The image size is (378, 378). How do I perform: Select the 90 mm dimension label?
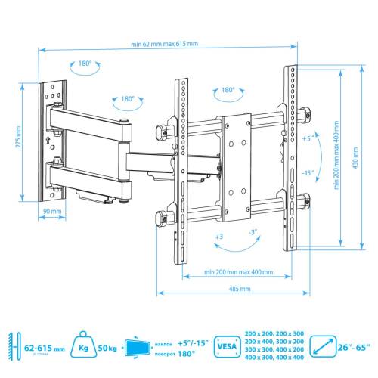(x=51, y=211)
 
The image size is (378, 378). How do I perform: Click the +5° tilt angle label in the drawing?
(x=305, y=139)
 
